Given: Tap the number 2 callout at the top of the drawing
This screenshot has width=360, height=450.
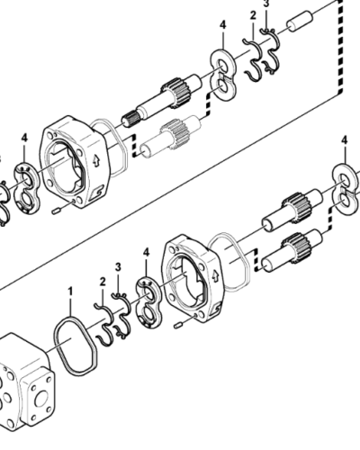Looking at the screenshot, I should [x=253, y=16].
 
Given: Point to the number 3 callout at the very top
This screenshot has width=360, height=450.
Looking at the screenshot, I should [x=266, y=4].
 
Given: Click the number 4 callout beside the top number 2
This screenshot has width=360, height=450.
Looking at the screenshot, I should [x=221, y=40].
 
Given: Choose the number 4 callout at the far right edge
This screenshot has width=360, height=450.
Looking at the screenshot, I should [x=344, y=139].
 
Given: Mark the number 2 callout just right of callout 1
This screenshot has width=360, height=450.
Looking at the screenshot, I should [x=101, y=283].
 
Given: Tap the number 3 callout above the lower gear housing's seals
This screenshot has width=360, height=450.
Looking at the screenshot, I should [x=118, y=267].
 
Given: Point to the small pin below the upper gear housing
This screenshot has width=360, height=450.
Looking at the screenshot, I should [x=58, y=211].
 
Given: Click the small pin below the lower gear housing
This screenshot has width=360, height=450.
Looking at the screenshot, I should [x=178, y=321].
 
